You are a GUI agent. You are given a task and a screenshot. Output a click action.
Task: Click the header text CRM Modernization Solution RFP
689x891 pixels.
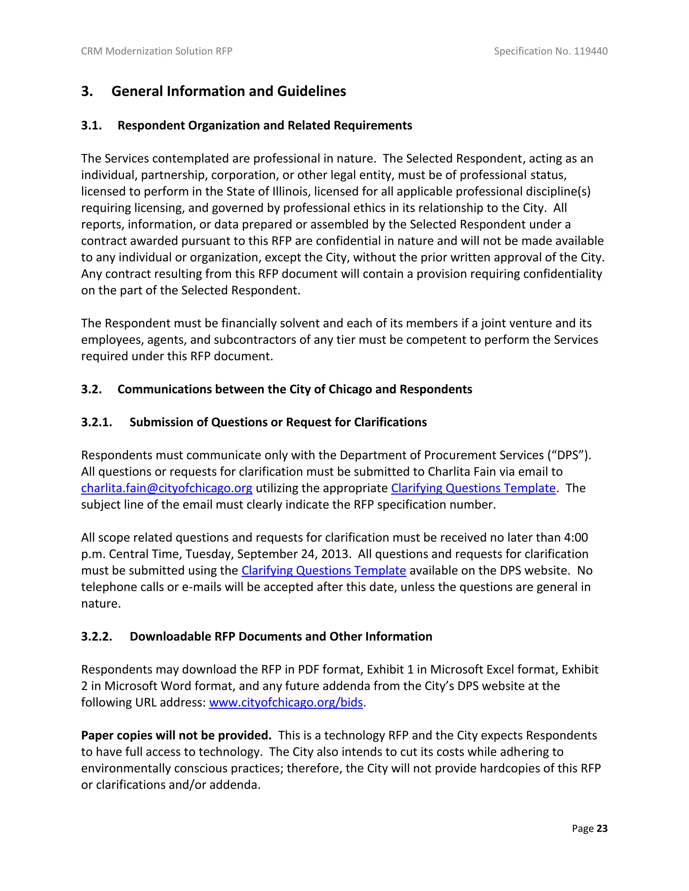(x=156, y=51)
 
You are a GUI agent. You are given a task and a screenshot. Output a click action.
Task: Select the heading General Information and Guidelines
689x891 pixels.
(x=228, y=91)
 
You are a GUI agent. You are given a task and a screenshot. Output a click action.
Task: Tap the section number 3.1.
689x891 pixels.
(x=92, y=125)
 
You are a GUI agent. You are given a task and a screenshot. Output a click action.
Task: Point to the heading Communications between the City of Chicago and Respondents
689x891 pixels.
(x=295, y=389)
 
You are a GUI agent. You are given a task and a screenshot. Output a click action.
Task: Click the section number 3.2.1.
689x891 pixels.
(x=97, y=422)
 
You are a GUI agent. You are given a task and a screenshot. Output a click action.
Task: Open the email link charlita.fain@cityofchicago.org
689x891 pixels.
(x=167, y=488)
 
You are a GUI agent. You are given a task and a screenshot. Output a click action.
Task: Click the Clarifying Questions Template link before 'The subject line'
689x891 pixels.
(x=473, y=488)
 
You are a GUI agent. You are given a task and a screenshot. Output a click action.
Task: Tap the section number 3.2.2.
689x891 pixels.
(x=97, y=637)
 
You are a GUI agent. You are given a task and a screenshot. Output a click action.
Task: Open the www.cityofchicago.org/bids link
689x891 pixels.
(x=286, y=702)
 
